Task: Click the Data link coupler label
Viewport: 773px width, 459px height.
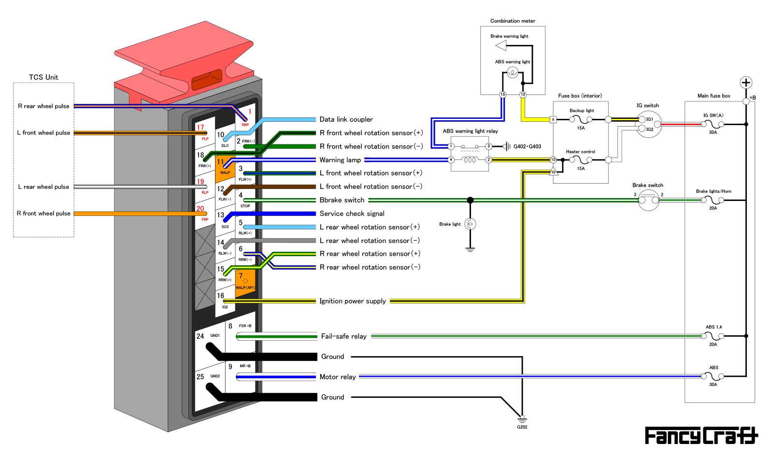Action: (346, 119)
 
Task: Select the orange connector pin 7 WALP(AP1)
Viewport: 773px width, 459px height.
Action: (245, 282)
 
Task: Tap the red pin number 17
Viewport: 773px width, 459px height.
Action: (200, 128)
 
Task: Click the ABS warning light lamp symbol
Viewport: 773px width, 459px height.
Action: (513, 72)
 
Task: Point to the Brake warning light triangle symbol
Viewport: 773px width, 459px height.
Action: (501, 46)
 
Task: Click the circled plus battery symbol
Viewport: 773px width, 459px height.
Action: (746, 83)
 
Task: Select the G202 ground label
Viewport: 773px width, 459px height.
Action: (522, 427)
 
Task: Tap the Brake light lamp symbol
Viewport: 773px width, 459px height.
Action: (470, 224)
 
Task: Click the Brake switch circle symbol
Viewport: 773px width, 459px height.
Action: (648, 200)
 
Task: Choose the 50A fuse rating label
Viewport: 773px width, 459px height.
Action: (713, 132)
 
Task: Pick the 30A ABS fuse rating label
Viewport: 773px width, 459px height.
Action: (713, 385)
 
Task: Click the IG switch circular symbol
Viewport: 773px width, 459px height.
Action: (648, 124)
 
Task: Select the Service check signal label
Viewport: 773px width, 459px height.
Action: (352, 214)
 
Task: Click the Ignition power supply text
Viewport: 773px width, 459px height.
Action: (353, 301)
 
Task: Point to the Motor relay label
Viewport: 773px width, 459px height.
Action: (337, 377)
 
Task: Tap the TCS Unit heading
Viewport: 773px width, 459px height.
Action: (43, 77)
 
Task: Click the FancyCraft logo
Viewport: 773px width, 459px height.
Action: (701, 436)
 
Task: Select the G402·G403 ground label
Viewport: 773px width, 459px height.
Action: (527, 146)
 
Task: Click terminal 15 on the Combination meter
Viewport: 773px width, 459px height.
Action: (502, 95)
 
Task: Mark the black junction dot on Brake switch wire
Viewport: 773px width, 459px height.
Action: (470, 200)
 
